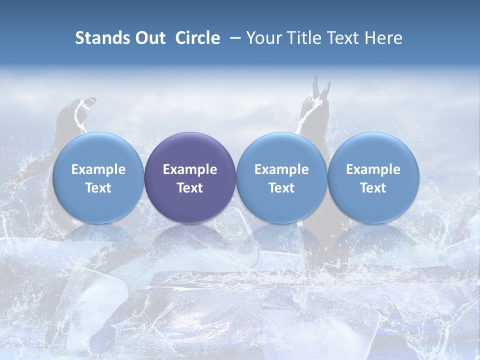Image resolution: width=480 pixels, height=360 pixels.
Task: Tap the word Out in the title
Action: point(150,38)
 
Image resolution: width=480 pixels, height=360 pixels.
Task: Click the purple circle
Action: point(190,150)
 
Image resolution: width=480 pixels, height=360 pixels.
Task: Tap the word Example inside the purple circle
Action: point(190,169)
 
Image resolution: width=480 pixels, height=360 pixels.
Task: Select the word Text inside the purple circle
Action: point(190,188)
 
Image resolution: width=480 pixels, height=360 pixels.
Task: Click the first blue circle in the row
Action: point(98,150)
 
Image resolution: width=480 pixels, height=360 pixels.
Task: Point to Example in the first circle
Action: point(98,169)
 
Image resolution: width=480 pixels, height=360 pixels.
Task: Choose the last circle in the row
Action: point(373,150)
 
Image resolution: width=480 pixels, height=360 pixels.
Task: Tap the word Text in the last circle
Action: point(373,188)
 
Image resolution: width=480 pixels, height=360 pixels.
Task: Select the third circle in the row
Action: point(281,150)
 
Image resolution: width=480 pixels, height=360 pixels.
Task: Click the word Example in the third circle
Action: point(281,169)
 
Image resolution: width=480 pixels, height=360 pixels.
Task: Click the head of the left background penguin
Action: point(80,105)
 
